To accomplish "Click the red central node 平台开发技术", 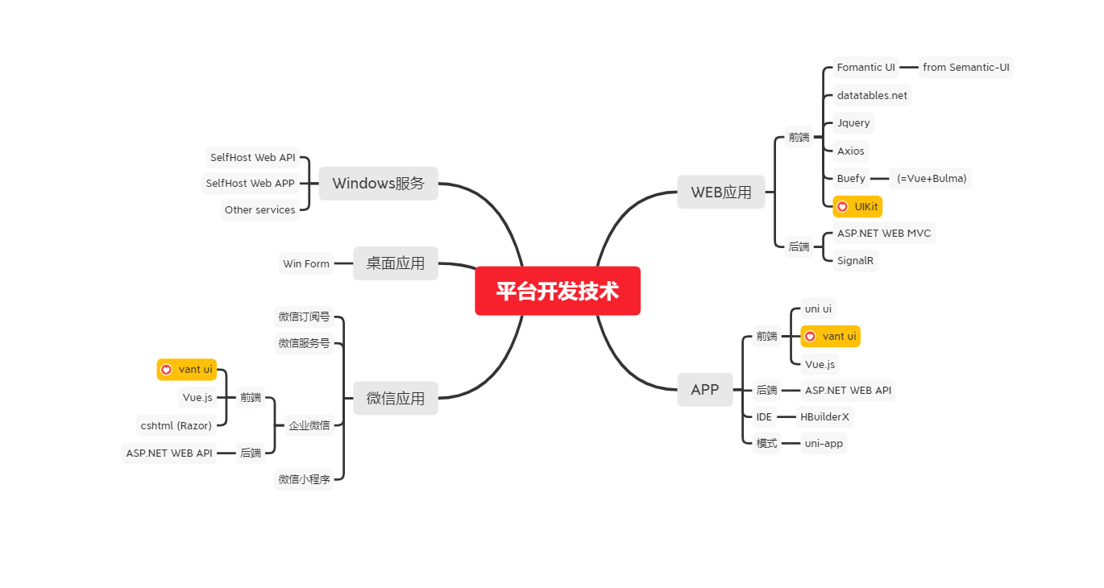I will (x=557, y=291).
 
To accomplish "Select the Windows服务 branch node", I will (x=378, y=183).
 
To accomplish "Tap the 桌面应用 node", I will (x=395, y=263).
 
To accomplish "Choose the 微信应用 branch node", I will (x=395, y=398).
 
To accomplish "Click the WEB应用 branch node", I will (x=720, y=192).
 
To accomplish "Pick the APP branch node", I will (x=704, y=390).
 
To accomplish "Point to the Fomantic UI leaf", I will (x=865, y=68).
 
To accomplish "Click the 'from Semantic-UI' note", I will (x=965, y=68).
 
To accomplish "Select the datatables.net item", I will (x=872, y=95).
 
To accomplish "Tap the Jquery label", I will (x=853, y=123).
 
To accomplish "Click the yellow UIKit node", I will (x=857, y=207).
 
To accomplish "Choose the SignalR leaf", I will (x=855, y=260).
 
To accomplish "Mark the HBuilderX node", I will (x=824, y=416).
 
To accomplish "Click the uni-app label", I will (x=824, y=443).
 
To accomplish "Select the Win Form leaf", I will (x=305, y=263).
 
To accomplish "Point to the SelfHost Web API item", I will (x=252, y=157).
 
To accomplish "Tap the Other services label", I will (x=259, y=209).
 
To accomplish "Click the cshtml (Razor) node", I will (x=176, y=425).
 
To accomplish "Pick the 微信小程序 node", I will (x=304, y=479).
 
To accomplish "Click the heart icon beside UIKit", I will (x=842, y=207).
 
